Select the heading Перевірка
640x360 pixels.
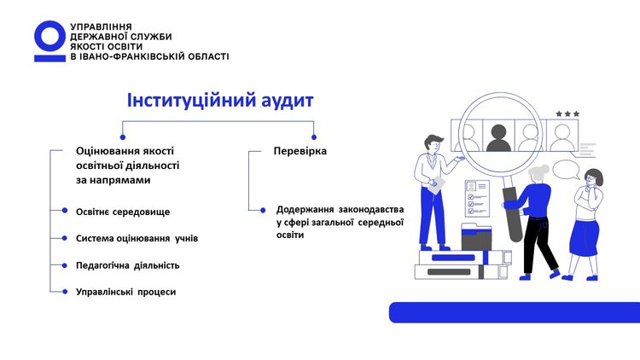(x=300, y=151)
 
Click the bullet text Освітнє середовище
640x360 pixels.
(x=123, y=211)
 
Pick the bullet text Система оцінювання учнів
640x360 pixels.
(x=137, y=238)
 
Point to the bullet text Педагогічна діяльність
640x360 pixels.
(x=127, y=265)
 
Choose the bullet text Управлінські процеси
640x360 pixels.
(x=125, y=292)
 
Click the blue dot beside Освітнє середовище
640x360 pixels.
(x=64, y=211)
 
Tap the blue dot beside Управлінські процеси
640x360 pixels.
(x=64, y=292)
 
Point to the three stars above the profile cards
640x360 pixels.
(x=567, y=113)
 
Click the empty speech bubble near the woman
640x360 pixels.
(x=566, y=169)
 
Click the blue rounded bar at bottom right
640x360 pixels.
(x=515, y=312)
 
